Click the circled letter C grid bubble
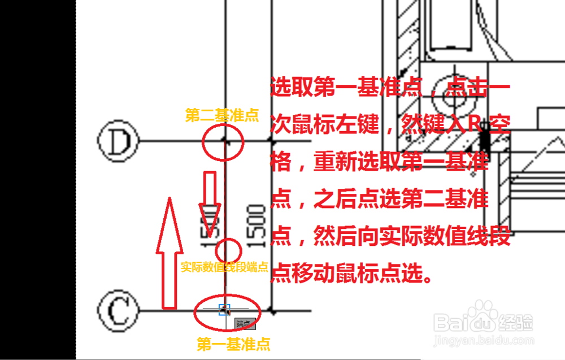pyautogui.click(x=118, y=311)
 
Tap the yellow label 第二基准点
pyautogui.click(x=221, y=116)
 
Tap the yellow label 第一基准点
pyautogui.click(x=233, y=344)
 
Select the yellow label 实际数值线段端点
pyautogui.click(x=224, y=267)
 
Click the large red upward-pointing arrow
pyautogui.click(x=170, y=251)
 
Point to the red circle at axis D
pyautogui.click(x=224, y=141)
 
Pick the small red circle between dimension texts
pyautogui.click(x=229, y=249)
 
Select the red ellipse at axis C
pyautogui.click(x=227, y=311)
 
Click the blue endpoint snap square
pyautogui.click(x=224, y=310)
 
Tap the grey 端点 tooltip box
pyautogui.click(x=245, y=324)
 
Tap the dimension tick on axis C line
pyautogui.click(x=273, y=311)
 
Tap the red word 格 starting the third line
pyautogui.click(x=281, y=163)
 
